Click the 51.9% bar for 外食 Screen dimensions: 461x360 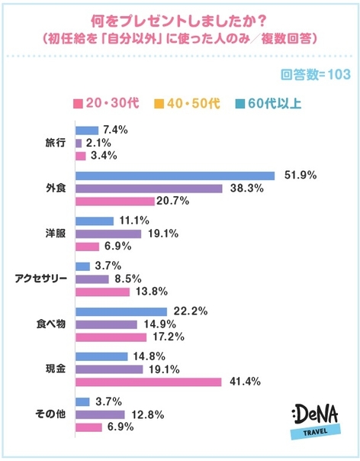(x=175, y=175)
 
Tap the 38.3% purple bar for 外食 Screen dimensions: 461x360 (x=149, y=188)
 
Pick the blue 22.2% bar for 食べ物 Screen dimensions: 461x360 (x=121, y=311)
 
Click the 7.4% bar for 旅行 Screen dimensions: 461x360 (x=88, y=130)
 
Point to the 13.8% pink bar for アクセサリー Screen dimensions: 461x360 (x=103, y=292)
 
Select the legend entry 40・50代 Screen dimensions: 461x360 (x=181, y=104)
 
